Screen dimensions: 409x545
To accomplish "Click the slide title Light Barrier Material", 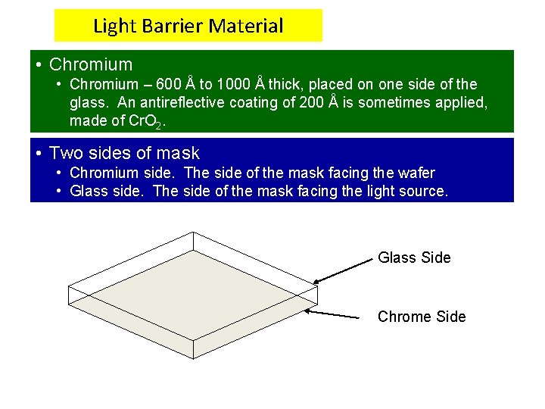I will pyautogui.click(x=188, y=27).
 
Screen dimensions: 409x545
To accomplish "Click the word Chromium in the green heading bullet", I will pyautogui.click(x=90, y=65).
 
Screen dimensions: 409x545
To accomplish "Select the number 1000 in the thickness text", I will pyautogui.click(x=233, y=84).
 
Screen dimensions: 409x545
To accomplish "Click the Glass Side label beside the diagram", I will pyautogui.click(x=414, y=258).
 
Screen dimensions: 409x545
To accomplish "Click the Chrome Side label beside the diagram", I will pyautogui.click(x=422, y=317).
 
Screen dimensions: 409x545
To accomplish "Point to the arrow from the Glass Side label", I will pyautogui.click(x=345, y=270).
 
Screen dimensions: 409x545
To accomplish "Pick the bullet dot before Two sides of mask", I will pyautogui.click(x=39, y=153).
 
